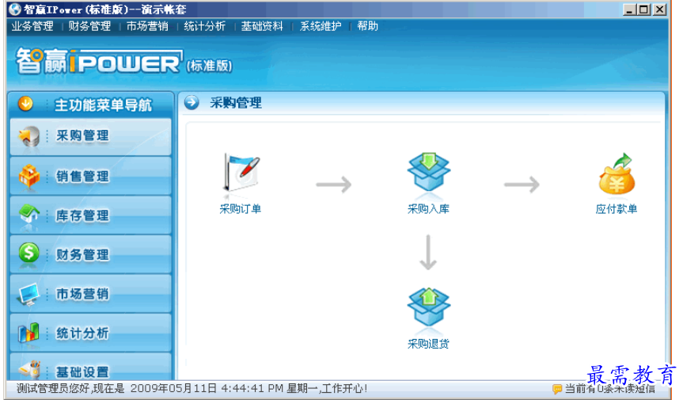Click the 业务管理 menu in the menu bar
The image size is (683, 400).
(x=32, y=26)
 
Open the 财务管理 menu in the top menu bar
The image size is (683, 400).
(x=89, y=26)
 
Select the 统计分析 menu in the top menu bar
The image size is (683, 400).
(x=204, y=26)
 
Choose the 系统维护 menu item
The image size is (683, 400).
(x=321, y=26)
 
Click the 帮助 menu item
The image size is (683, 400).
(x=367, y=26)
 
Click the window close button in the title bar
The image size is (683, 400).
(x=659, y=10)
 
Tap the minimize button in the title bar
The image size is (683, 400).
(x=630, y=10)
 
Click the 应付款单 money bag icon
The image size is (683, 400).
(x=616, y=174)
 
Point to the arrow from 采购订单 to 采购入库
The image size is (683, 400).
(x=334, y=185)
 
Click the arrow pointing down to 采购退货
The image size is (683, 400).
(x=428, y=253)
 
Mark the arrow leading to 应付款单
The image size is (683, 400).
(x=522, y=185)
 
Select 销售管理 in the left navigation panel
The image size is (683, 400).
(x=90, y=176)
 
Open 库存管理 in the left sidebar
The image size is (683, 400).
(x=90, y=215)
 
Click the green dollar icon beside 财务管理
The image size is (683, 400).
(x=28, y=253)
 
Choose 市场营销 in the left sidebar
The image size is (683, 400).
(x=90, y=294)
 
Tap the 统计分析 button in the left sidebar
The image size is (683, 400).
(x=90, y=333)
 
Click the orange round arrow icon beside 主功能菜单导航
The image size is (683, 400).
(x=26, y=104)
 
